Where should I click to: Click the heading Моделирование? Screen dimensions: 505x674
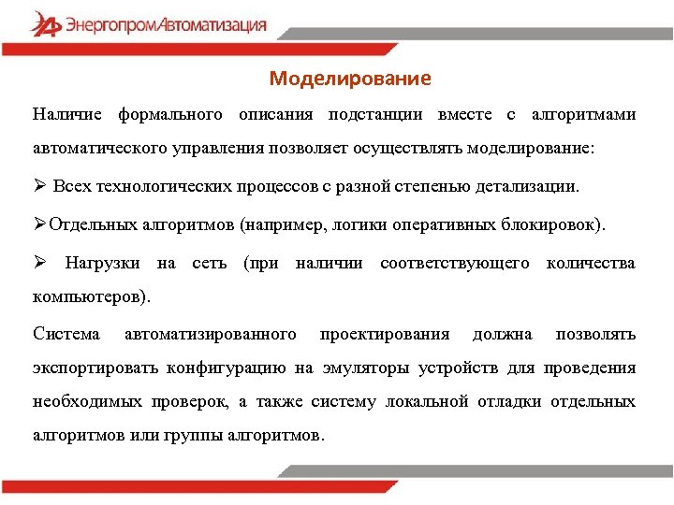click(x=350, y=79)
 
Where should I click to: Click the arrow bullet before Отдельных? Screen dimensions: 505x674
click(x=39, y=224)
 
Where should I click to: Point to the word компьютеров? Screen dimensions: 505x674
click(x=88, y=298)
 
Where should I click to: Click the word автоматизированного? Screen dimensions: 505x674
click(x=210, y=334)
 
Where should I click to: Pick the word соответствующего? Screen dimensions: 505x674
click(x=454, y=264)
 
